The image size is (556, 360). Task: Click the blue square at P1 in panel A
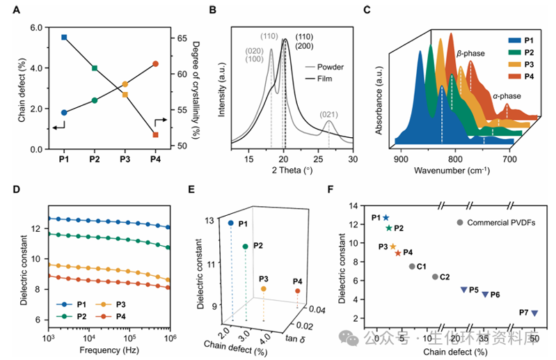pyautogui.click(x=64, y=37)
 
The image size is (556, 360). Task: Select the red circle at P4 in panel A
pyautogui.click(x=155, y=63)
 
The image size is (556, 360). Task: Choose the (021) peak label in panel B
pyautogui.click(x=329, y=114)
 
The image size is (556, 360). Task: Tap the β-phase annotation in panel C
pyautogui.click(x=470, y=53)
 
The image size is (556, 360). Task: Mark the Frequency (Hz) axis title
pyautogui.click(x=110, y=348)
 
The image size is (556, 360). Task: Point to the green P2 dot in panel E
pyautogui.click(x=245, y=246)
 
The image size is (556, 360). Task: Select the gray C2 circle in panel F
pyautogui.click(x=435, y=277)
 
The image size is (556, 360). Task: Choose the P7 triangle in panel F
pyautogui.click(x=534, y=313)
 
